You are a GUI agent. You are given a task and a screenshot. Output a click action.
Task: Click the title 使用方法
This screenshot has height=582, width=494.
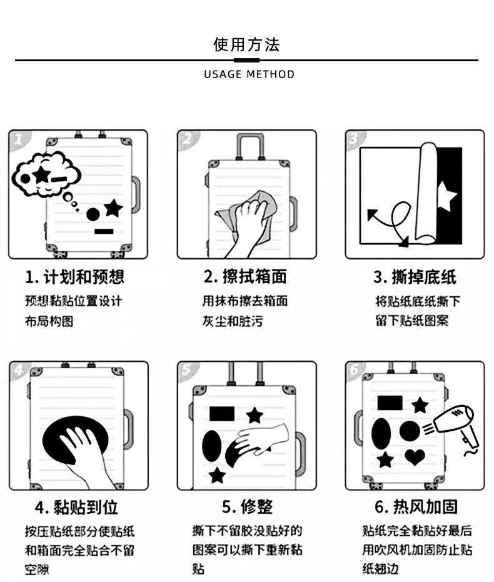pyautogui.click(x=246, y=44)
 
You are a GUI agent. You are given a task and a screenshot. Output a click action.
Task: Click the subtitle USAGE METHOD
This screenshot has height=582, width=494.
pyautogui.click(x=249, y=74)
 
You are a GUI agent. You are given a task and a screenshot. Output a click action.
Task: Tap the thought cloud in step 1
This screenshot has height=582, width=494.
pyautogui.click(x=46, y=174)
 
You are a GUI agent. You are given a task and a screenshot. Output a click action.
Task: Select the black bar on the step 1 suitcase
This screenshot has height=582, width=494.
pyautogui.click(x=104, y=231)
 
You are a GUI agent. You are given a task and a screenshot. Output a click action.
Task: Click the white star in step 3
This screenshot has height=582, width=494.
pyautogui.click(x=446, y=196)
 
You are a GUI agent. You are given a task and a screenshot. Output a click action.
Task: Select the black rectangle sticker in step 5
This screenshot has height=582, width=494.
pyautogui.click(x=221, y=413)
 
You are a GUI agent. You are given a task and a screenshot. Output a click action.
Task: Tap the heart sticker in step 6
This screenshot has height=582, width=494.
pyautogui.click(x=415, y=458)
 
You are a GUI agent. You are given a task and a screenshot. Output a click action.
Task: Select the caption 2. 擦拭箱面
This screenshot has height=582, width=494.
pyautogui.click(x=245, y=277)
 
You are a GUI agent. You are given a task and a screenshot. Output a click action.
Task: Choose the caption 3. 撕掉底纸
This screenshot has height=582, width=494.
pyautogui.click(x=415, y=277)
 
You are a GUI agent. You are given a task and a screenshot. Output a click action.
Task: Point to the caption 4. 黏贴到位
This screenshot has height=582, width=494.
pyautogui.click(x=76, y=506)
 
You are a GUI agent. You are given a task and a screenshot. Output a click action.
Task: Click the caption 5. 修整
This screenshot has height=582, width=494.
pyautogui.click(x=247, y=506)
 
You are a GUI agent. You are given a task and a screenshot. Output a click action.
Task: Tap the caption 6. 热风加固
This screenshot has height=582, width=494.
pyautogui.click(x=416, y=506)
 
